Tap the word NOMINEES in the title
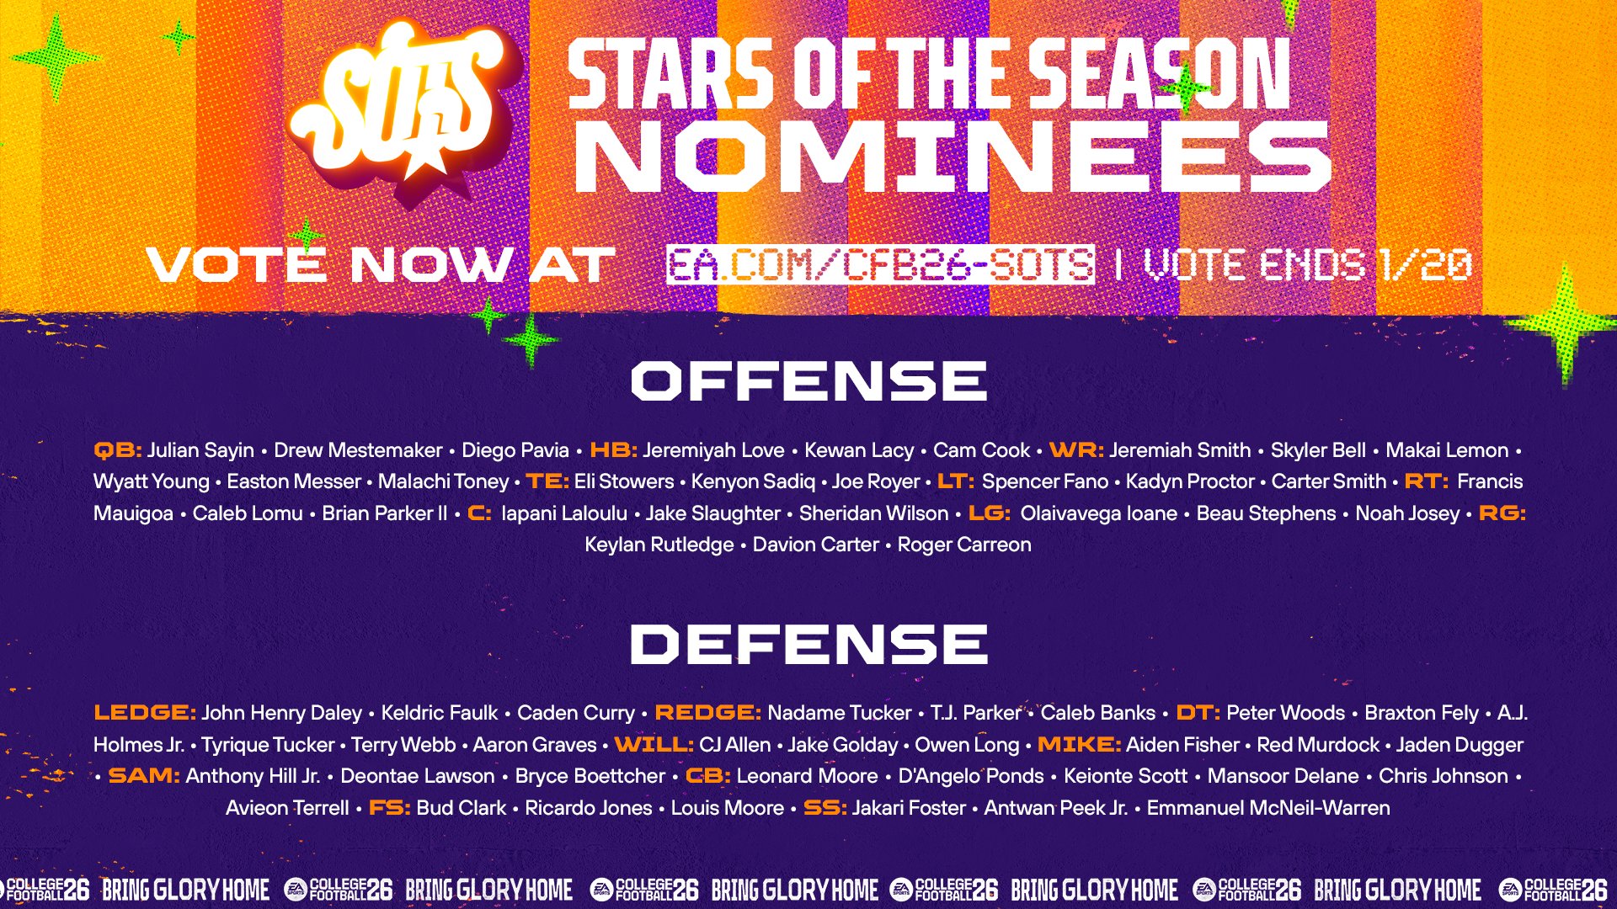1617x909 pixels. [x=952, y=157]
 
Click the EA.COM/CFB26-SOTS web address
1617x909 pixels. [x=880, y=264]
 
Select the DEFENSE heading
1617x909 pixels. [x=808, y=644]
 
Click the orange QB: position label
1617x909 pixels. [x=118, y=450]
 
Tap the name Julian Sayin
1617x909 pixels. [x=200, y=450]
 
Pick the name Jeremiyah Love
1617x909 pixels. [x=713, y=450]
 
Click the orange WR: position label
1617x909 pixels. [x=1076, y=450]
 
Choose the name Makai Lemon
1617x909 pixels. [x=1447, y=450]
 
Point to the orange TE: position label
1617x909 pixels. [x=547, y=481]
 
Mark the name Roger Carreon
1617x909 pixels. [x=964, y=545]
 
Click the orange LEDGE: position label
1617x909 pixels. [x=145, y=713]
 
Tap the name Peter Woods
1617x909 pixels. [x=1285, y=713]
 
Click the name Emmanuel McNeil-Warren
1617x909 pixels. [x=1268, y=808]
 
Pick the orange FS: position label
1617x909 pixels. [x=389, y=808]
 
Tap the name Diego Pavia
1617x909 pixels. [x=515, y=450]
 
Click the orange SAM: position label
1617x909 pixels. [x=144, y=776]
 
